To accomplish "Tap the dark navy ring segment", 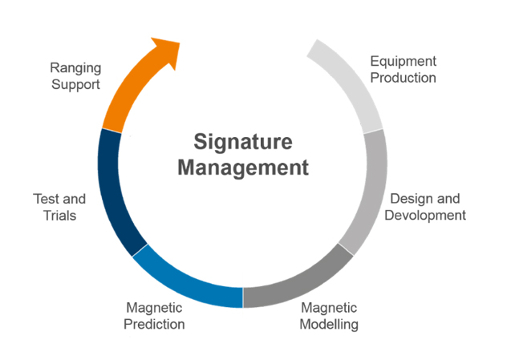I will [112, 192].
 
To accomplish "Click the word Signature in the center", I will [242, 141].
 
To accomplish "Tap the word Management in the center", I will [242, 168].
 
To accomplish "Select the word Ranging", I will [75, 68].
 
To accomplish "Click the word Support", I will [75, 84].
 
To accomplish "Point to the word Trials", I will [59, 215].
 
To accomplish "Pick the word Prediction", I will [155, 324].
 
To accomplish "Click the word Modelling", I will [329, 324].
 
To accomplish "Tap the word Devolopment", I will [427, 215].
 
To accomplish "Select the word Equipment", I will [403, 62].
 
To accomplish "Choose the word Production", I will [403, 78].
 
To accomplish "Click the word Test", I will [47, 199].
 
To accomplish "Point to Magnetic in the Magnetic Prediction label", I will [155, 308].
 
